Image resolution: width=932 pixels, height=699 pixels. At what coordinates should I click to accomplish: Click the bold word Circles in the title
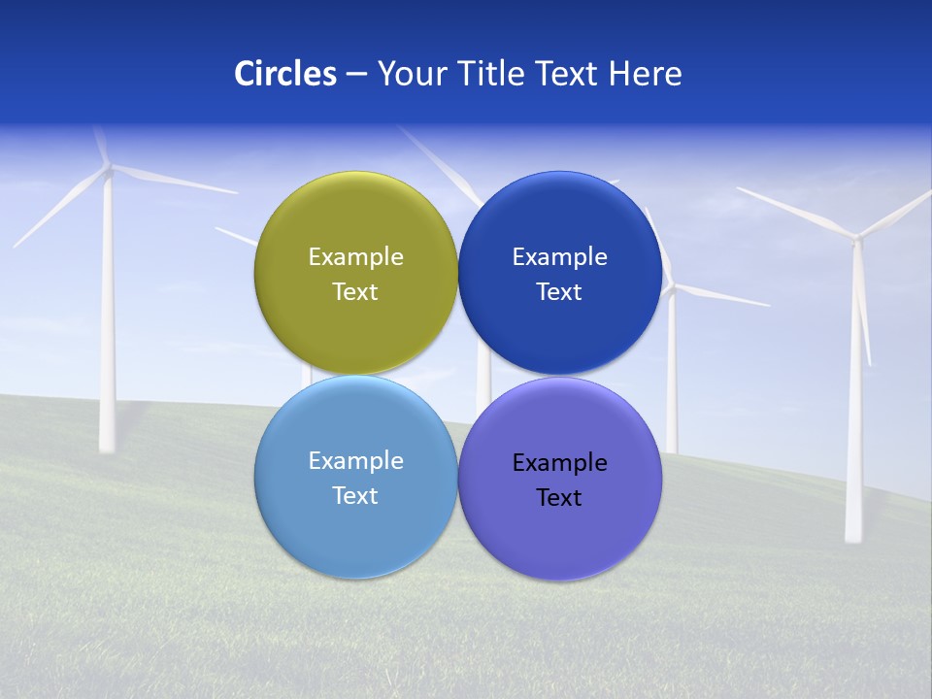285,74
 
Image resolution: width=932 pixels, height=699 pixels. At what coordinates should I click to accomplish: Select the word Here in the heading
646,74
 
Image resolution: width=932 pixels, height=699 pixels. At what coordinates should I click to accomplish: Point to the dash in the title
356,74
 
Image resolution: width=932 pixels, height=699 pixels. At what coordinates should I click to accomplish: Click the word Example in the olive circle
355,257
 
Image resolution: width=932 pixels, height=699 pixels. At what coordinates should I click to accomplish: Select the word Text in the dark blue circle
559,292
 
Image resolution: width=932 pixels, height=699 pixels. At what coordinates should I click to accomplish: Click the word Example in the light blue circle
355,461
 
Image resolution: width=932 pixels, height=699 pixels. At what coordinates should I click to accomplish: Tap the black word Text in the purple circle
559,498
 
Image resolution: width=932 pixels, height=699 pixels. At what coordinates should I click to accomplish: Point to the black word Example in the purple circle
559,463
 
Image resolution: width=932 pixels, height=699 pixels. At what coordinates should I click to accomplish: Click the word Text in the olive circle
355,292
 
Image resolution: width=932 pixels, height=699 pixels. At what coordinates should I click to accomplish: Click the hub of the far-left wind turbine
109,169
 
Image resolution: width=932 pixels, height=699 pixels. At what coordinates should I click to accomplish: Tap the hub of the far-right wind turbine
856,235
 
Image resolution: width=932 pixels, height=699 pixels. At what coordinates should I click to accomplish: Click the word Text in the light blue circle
355,496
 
